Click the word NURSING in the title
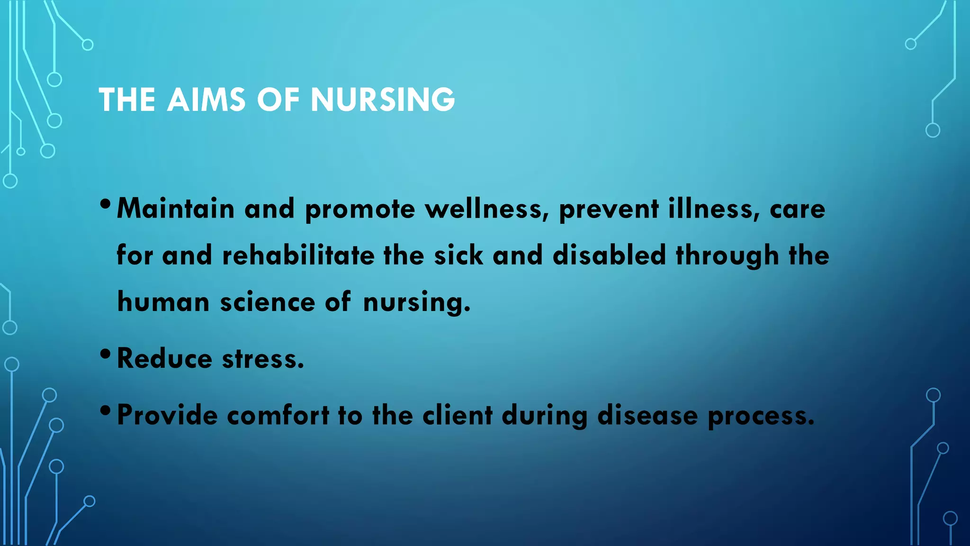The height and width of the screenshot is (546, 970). [383, 100]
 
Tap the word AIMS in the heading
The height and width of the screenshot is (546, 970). [206, 100]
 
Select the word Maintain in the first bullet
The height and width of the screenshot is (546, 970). [176, 209]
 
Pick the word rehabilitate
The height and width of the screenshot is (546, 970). [298, 255]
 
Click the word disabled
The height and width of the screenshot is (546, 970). [610, 255]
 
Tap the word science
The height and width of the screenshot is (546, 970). [268, 302]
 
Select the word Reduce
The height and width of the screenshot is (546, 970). [164, 358]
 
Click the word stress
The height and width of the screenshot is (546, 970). [263, 358]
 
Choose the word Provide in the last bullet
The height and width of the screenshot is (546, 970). [167, 415]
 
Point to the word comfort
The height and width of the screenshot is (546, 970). [278, 415]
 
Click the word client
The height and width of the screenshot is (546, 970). [458, 415]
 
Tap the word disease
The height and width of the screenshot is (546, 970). [647, 415]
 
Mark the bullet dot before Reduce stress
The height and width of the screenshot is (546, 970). [106, 354]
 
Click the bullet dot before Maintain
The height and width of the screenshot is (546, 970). [106, 204]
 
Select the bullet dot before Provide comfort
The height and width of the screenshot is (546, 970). [106, 410]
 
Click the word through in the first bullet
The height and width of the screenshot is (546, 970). [727, 256]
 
